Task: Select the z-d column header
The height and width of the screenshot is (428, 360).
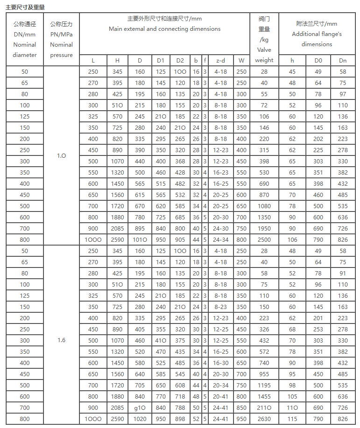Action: tap(220, 60)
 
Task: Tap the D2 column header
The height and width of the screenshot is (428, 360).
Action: tap(180, 60)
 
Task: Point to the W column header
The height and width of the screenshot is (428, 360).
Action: tap(241, 60)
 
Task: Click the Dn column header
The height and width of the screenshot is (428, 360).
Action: tap(343, 60)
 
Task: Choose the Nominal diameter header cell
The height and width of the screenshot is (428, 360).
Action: tap(24, 39)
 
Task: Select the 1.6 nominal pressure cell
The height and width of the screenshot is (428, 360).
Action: tap(61, 340)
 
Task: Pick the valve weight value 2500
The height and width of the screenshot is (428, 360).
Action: tap(264, 239)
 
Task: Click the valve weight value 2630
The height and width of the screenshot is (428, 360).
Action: tap(264, 419)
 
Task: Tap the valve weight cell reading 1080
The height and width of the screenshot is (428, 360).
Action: tap(264, 206)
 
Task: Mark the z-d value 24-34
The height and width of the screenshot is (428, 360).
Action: tap(220, 239)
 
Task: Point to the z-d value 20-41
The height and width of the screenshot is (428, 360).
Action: tap(220, 396)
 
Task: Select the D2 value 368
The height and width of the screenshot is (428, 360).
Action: tap(180, 161)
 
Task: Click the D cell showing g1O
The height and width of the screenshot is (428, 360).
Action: tap(140, 407)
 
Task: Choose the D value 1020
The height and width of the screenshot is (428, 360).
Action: tap(140, 419)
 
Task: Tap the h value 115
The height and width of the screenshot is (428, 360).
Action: tap(292, 419)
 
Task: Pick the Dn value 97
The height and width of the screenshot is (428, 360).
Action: tap(343, 94)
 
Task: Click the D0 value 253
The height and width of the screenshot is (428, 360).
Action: tap(318, 329)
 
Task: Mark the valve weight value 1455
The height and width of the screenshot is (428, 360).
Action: tap(264, 396)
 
